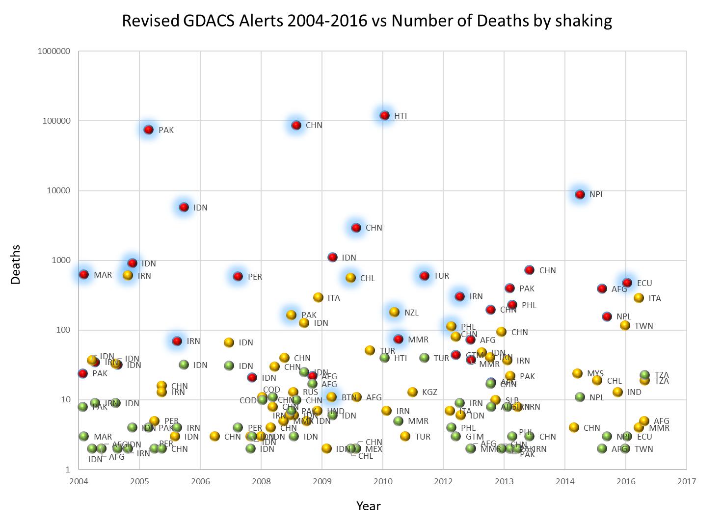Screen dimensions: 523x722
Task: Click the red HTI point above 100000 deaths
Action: pyautogui.click(x=384, y=116)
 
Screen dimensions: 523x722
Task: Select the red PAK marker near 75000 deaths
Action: pyautogui.click(x=148, y=130)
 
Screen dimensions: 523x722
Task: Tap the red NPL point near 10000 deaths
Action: pyautogui.click(x=580, y=194)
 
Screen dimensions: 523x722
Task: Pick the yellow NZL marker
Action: pyautogui.click(x=394, y=313)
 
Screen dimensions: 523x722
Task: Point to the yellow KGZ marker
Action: pyautogui.click(x=412, y=392)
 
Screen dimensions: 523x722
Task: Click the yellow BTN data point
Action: pyautogui.click(x=331, y=397)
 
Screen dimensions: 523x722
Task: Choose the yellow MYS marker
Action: pyautogui.click(x=577, y=374)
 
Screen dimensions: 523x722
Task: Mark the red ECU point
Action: pyautogui.click(x=627, y=283)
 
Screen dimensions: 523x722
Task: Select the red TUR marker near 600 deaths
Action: pyautogui.click(x=424, y=276)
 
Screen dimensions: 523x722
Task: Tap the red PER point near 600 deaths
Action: pyautogui.click(x=238, y=277)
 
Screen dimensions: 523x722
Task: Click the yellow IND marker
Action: pyautogui.click(x=617, y=392)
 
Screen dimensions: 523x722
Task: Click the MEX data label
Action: pyautogui.click(x=374, y=449)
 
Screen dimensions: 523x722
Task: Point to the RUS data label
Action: pyautogui.click(x=310, y=392)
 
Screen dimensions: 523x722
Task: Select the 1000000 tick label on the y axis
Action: pyautogui.click(x=54, y=52)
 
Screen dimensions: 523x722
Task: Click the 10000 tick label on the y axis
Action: pyautogui.click(x=58, y=191)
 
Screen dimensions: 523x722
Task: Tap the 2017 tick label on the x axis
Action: pyautogui.click(x=686, y=481)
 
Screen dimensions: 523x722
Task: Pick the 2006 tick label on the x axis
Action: pyautogui.click(x=200, y=481)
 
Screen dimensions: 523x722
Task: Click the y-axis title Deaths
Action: pyautogui.click(x=16, y=265)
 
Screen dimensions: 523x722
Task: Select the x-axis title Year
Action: pyautogui.click(x=368, y=506)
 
